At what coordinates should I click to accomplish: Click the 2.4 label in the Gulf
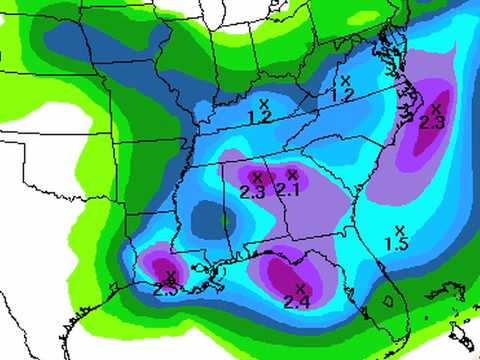(296, 301)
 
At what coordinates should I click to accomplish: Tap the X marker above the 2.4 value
(299, 288)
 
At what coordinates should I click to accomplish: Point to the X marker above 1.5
(399, 230)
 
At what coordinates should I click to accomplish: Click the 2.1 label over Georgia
(288, 189)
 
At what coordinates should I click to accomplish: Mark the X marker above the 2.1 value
(291, 174)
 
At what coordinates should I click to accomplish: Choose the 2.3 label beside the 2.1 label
(253, 192)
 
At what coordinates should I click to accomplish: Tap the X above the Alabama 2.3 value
(256, 177)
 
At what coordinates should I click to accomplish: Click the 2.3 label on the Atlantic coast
(431, 122)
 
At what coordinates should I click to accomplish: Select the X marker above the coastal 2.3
(435, 107)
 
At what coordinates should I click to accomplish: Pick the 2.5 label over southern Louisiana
(166, 289)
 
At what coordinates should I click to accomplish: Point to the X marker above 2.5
(170, 275)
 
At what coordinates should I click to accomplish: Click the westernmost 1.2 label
(261, 116)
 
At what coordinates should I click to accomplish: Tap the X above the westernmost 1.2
(265, 102)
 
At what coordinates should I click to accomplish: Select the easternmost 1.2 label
(342, 94)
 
